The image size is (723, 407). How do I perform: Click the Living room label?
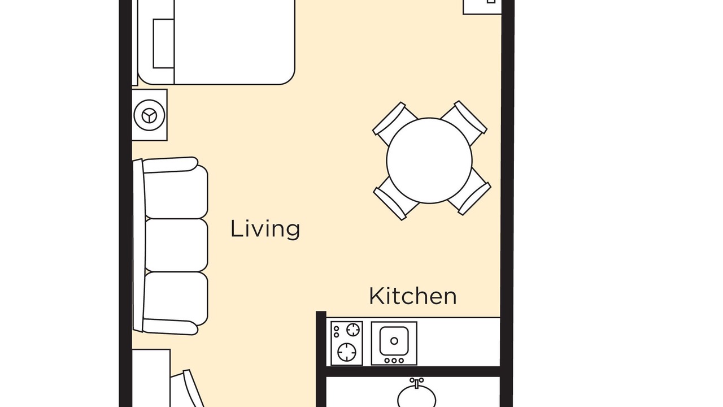click(265, 229)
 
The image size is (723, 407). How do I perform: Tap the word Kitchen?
click(412, 296)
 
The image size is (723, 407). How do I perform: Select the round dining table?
click(429, 161)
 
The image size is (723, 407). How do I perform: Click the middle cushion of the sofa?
click(176, 245)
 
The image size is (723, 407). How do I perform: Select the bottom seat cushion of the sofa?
click(176, 298)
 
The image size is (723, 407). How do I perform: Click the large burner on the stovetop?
click(347, 352)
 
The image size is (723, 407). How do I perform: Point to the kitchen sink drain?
click(394, 341)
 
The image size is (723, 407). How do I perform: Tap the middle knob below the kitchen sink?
click(394, 361)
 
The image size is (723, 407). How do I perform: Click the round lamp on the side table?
click(150, 115)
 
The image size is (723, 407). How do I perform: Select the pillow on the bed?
click(164, 44)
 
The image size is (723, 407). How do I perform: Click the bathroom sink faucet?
click(417, 383)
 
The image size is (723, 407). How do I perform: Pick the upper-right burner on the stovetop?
click(353, 330)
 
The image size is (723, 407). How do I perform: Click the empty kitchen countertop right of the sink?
click(458, 342)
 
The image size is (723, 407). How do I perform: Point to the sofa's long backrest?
click(139, 245)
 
